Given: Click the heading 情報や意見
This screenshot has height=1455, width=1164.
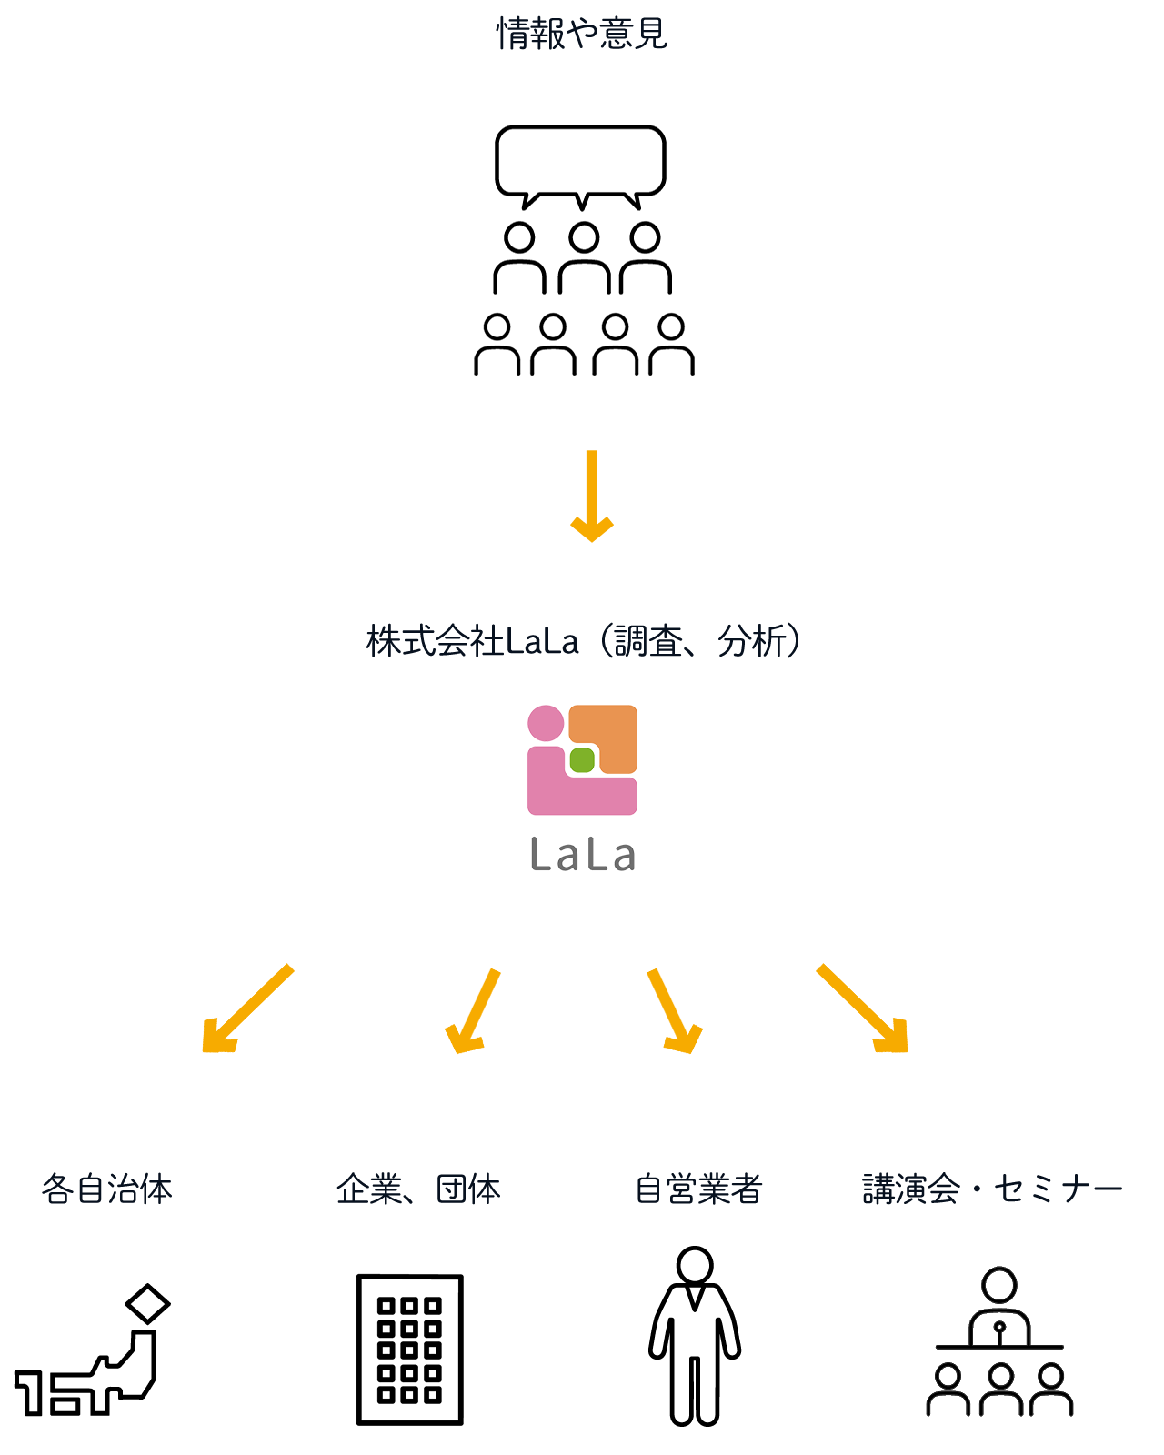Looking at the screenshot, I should pos(582,35).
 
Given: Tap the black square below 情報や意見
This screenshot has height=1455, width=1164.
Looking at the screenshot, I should pos(582,209).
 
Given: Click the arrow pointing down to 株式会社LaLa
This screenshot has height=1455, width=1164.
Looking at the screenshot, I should pos(592,497).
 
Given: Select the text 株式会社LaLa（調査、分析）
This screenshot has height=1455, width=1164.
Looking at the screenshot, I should pos(585,642).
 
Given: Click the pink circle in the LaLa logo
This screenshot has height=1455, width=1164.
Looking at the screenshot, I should pos(546,723).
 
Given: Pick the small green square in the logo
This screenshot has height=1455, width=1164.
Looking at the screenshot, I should pos(582,759).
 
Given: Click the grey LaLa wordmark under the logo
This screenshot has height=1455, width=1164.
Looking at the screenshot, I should pos(583,856).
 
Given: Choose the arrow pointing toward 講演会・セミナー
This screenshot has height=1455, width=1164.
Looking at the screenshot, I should pos(864,1009).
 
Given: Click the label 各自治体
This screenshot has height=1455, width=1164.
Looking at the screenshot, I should pos(106,1189).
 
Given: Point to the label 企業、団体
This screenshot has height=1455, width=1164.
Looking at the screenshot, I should pos(418,1189).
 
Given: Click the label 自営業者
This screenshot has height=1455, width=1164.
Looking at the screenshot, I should pos(698,1189).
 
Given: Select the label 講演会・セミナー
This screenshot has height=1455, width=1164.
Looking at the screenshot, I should pos(992,1189).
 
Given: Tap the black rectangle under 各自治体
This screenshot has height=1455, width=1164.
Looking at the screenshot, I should pos(92,1350).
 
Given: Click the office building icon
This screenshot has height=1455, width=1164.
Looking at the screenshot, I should pos(409,1350).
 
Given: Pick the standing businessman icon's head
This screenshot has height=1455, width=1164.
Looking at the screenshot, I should pos(695,1265).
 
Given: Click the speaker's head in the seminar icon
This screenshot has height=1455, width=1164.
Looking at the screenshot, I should pos(999,1285).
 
